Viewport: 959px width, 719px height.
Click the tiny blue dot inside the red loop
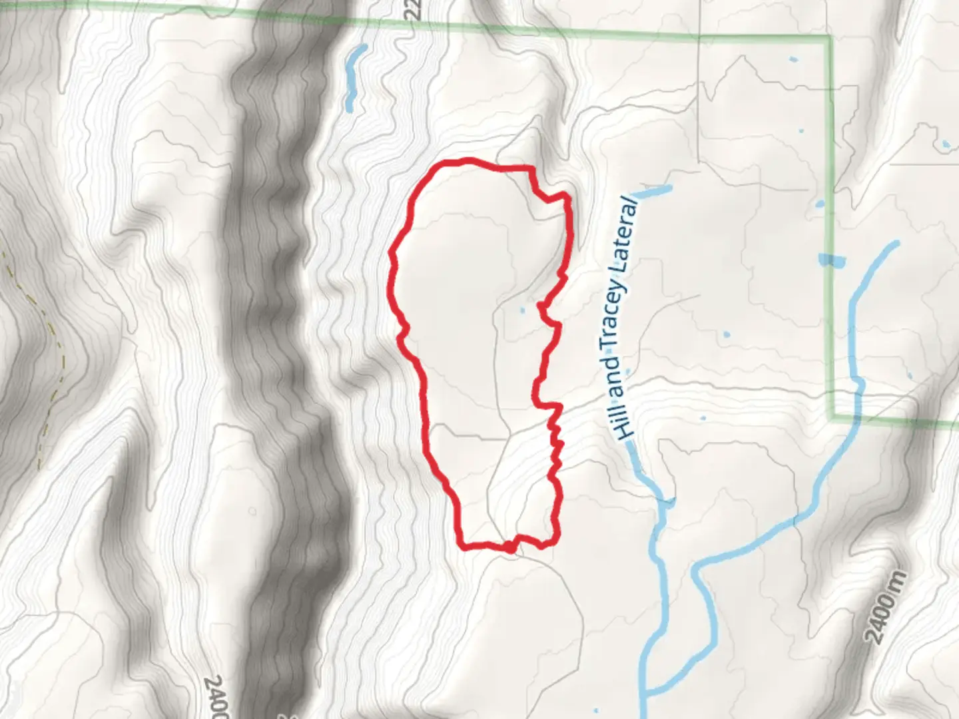click(521, 309)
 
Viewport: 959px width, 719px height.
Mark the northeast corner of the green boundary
click(830, 37)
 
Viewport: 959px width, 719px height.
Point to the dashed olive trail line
click(50, 333)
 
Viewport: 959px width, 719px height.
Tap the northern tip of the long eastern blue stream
click(896, 244)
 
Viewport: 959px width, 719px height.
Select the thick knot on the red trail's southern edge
click(509, 547)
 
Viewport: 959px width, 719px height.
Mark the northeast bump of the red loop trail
click(565, 196)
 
